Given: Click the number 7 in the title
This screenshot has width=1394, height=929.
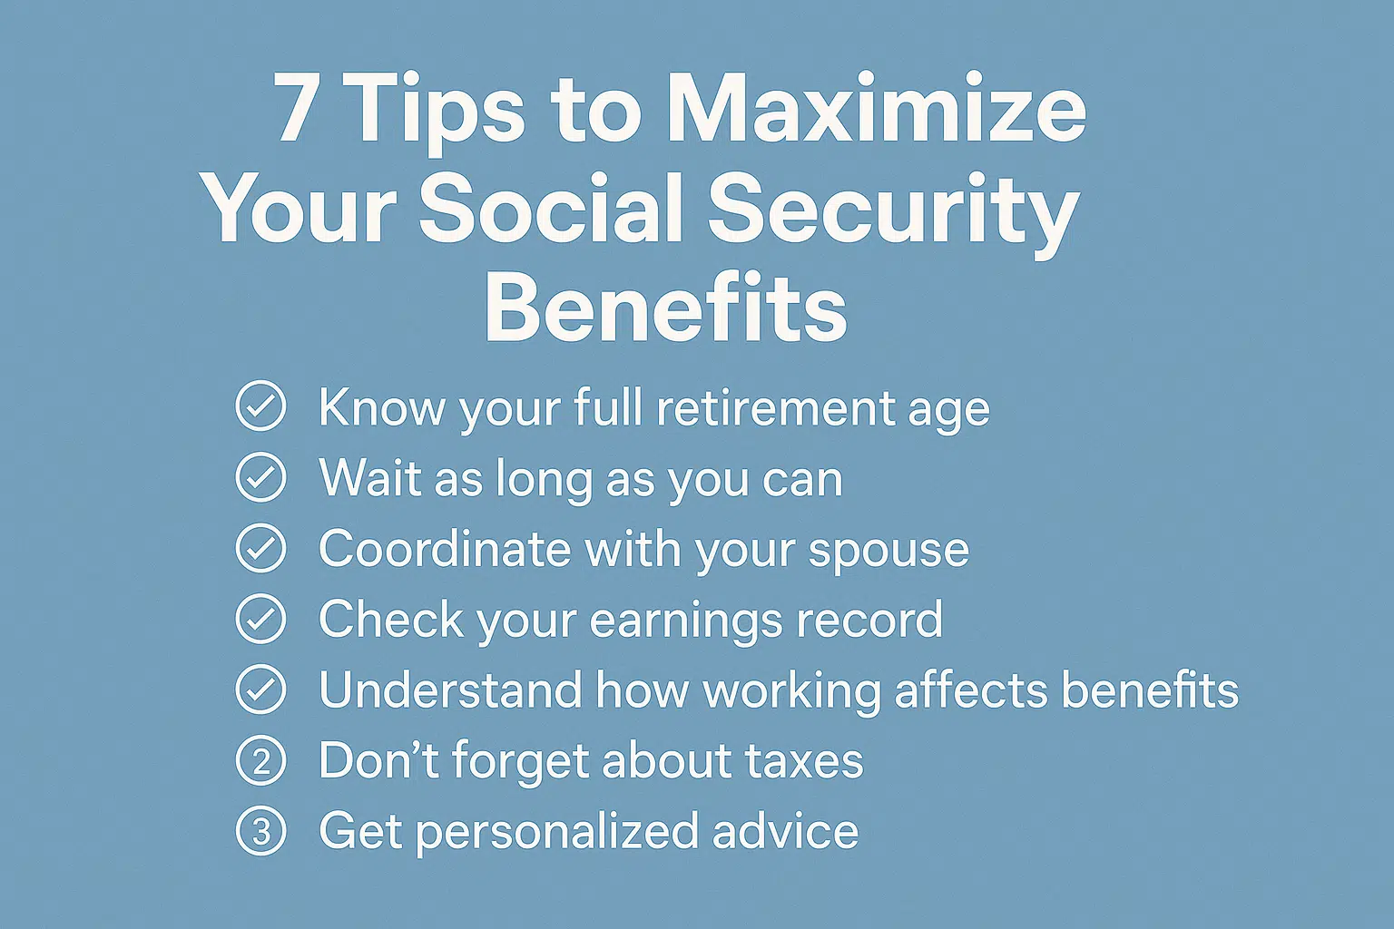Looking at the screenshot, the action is coord(294,108).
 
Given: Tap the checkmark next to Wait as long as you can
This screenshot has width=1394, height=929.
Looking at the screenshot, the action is coord(260,477).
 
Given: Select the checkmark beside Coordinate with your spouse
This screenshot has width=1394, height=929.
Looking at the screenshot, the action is coord(260,548).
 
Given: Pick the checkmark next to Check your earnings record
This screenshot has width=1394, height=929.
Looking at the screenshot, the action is coord(260,619).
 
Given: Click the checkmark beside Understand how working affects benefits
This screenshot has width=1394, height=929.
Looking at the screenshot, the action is coord(260,689).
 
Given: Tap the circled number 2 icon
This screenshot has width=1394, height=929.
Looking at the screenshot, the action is coord(260,760).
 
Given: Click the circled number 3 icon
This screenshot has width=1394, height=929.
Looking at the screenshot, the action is coord(260,831).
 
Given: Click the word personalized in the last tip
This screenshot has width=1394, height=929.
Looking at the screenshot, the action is coord(556,834).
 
